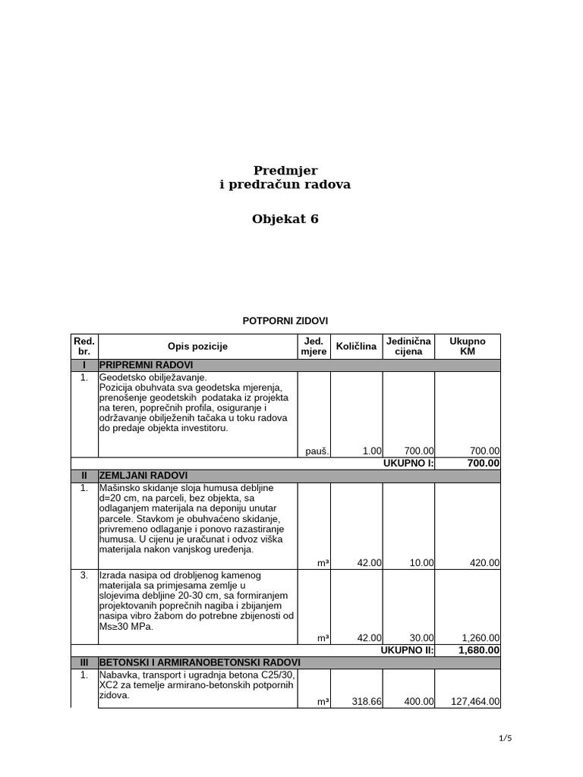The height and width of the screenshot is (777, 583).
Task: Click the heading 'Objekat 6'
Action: click(285, 219)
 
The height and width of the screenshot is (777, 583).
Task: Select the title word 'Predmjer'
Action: click(285, 171)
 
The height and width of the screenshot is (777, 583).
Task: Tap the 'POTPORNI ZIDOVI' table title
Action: click(285, 321)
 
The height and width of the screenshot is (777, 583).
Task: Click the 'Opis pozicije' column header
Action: click(197, 347)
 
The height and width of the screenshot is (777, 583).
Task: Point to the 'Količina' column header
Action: click(356, 347)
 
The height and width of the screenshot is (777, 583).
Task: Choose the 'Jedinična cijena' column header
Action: click(408, 347)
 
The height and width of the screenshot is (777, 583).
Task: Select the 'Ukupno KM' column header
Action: click(468, 347)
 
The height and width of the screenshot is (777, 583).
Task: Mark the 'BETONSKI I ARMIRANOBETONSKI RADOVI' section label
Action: click(200, 662)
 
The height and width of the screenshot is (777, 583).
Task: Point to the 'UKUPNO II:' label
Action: click(408, 650)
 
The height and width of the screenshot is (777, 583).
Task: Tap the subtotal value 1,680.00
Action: click(479, 650)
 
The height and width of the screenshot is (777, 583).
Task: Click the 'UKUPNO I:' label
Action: click(409, 463)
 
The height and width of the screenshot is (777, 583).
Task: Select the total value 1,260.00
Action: click(479, 637)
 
